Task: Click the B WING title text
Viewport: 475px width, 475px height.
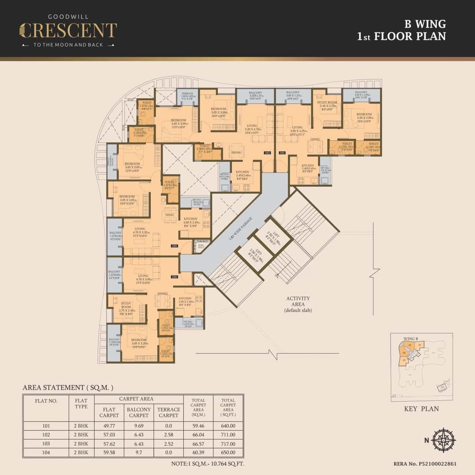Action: point(425,24)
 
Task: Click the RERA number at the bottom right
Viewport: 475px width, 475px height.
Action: point(425,464)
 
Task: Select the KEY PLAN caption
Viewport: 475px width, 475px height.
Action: point(421,409)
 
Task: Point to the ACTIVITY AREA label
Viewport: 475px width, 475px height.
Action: point(298,301)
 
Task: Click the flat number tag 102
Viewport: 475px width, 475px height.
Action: point(267,153)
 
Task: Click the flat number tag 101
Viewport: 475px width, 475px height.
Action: point(282,153)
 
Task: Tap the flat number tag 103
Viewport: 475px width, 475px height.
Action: point(174,246)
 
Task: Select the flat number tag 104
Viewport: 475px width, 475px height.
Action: point(174,277)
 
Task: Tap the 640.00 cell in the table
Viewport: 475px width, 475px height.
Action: point(228,426)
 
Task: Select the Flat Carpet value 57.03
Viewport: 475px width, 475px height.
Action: point(109,435)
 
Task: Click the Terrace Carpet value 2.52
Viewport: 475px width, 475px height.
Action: point(168,444)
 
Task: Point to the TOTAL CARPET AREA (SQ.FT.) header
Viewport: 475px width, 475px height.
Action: point(228,407)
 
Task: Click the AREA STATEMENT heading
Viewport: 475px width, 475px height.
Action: point(68,387)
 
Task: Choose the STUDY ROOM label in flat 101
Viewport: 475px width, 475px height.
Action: point(327,102)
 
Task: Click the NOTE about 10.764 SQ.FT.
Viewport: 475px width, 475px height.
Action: point(208,463)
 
